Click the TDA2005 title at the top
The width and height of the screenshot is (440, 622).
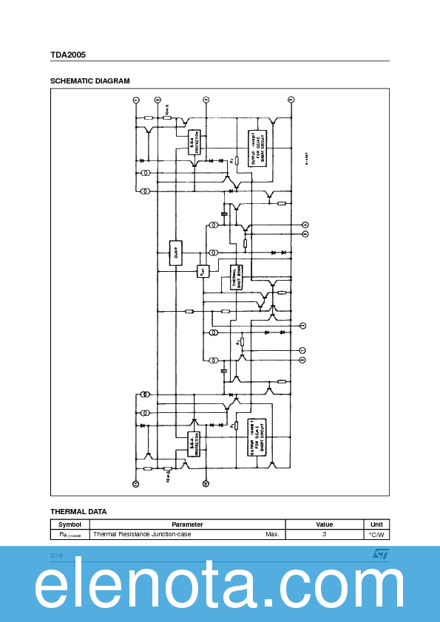pos(68,55)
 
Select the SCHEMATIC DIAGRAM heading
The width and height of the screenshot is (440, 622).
pos(89,81)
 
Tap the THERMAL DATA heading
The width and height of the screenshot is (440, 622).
pos(78,511)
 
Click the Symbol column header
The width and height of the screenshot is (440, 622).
pos(70,524)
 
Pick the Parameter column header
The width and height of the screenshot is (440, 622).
pos(187,524)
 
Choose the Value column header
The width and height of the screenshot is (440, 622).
pos(324,524)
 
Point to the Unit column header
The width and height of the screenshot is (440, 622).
pos(376,524)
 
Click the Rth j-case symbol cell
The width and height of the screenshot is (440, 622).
pos(70,534)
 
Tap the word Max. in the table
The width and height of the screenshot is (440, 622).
pos(272,534)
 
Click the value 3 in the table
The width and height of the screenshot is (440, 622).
pos(324,534)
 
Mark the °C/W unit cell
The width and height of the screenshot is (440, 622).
pos(376,534)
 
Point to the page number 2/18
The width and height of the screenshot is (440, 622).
pos(57,555)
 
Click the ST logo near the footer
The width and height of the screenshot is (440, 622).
pos(380,553)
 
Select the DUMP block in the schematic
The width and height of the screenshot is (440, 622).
pos(176,253)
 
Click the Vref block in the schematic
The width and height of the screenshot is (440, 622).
pos(203,271)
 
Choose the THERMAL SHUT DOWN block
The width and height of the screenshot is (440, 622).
pos(236,277)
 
